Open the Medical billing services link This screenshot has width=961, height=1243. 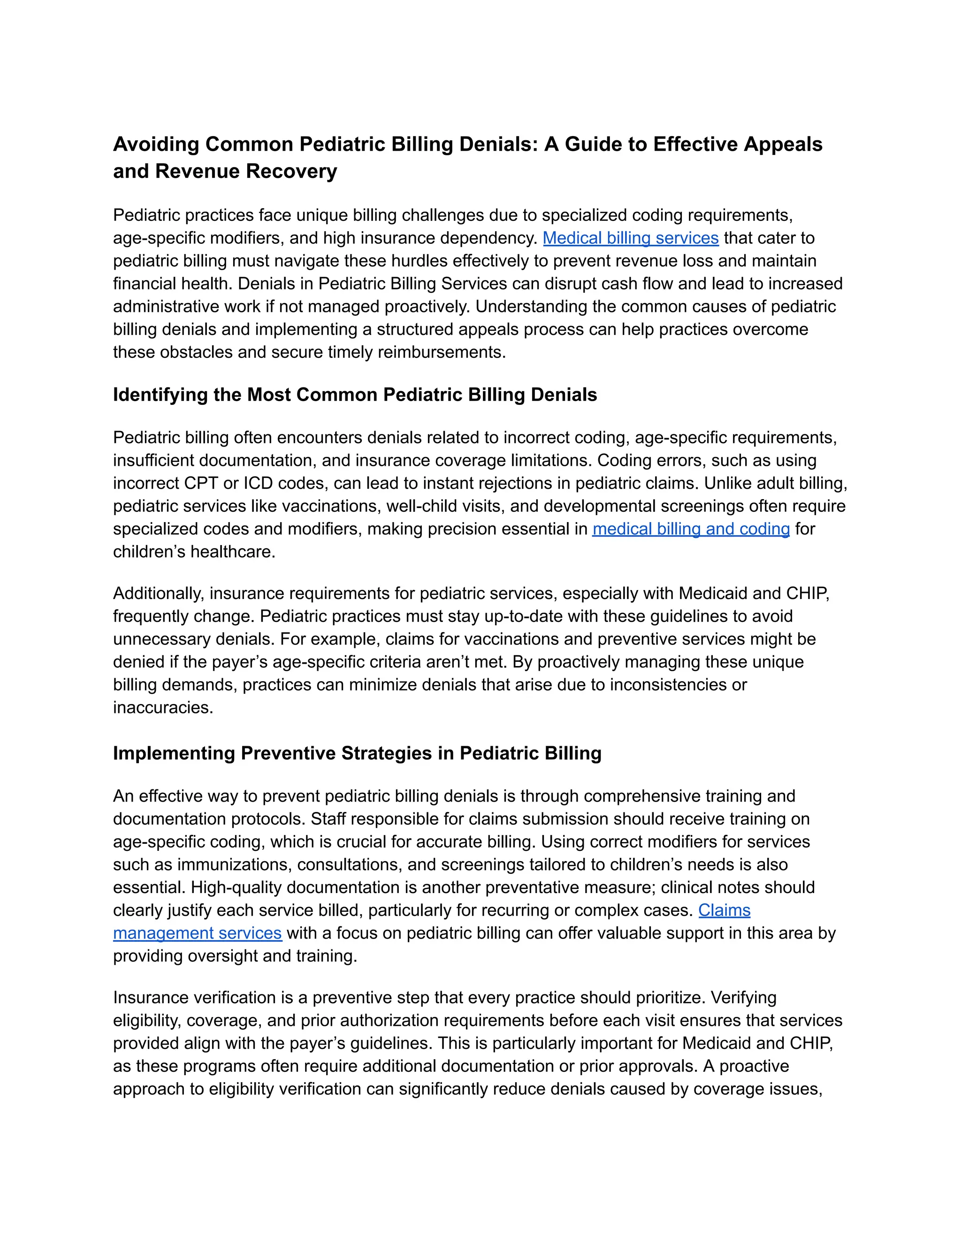click(630, 238)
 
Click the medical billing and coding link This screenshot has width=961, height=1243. click(691, 529)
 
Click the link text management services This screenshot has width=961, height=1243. click(197, 933)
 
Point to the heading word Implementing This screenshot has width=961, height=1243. click(174, 754)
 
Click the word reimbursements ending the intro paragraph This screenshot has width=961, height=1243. click(441, 352)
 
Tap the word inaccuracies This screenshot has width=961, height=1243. click(162, 707)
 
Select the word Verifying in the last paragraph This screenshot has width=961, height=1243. click(744, 998)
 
